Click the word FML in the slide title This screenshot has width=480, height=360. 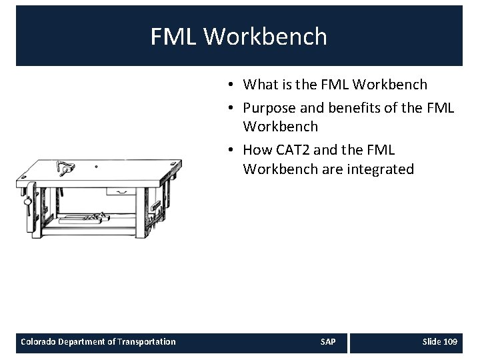click(x=174, y=37)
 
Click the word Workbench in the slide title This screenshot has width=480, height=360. click(x=265, y=37)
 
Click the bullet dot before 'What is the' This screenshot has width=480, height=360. click(x=229, y=85)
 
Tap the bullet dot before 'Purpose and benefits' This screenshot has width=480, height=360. click(x=229, y=106)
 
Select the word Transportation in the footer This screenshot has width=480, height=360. click(x=147, y=342)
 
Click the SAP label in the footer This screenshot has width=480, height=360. click(x=328, y=342)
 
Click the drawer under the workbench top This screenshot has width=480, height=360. click(x=121, y=192)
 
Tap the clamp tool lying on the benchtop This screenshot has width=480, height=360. click(x=65, y=167)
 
